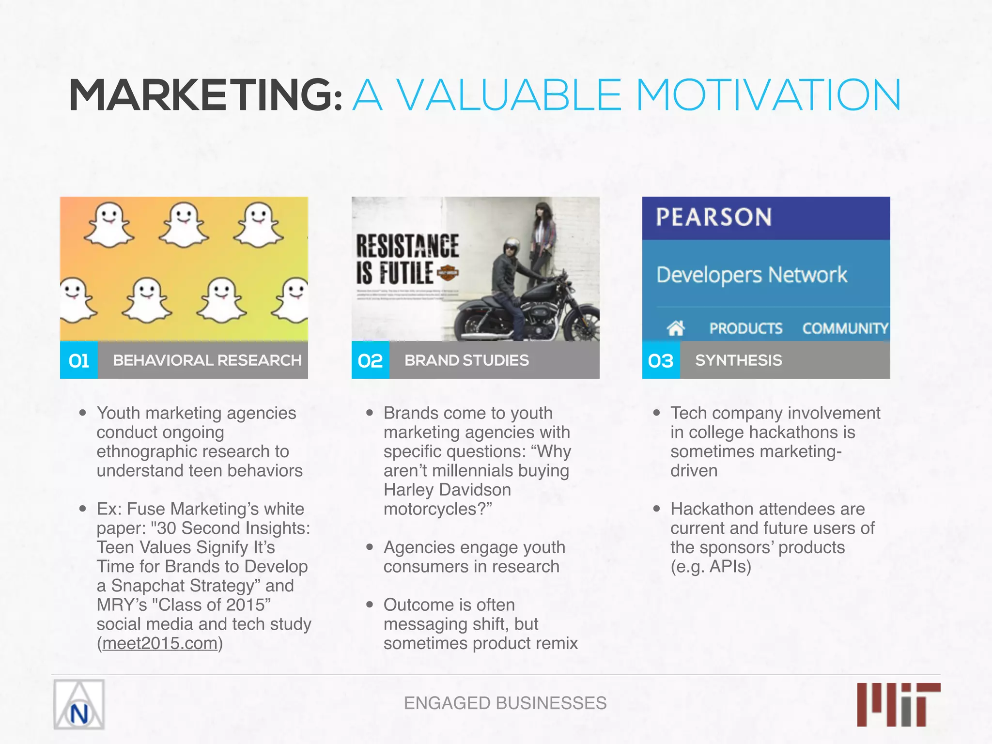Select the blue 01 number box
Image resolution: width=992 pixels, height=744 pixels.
79,360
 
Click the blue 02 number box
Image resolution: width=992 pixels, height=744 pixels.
371,360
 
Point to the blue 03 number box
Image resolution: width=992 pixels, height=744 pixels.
661,360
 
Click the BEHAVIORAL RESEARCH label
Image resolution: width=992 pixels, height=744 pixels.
207,360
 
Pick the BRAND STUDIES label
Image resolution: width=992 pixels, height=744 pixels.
466,360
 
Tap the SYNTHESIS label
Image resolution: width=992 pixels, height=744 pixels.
738,360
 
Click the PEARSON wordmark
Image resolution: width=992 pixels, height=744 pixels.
713,217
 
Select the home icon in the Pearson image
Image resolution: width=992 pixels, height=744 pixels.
676,328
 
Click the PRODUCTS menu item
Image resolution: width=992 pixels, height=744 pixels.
745,328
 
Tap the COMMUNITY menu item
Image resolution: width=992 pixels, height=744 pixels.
845,328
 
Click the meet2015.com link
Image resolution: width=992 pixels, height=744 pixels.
160,643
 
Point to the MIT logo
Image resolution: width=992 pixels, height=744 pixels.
899,704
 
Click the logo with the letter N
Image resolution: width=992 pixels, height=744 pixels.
79,705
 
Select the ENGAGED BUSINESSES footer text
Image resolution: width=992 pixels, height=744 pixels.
505,703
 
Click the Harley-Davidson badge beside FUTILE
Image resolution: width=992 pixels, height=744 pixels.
448,273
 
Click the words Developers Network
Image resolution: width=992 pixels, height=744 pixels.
751,275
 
